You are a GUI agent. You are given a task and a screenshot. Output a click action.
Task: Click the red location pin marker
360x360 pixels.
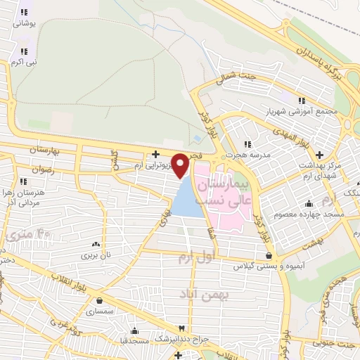[181, 165]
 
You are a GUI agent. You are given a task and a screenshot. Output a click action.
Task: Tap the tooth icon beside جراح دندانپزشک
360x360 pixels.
[183, 328]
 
